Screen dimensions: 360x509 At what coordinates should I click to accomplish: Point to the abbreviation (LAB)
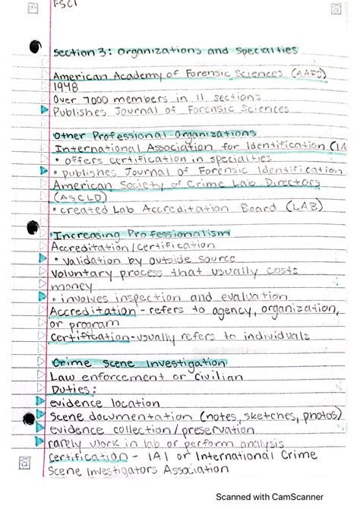click(x=301, y=206)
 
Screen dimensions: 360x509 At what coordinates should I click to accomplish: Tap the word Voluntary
click(x=81, y=271)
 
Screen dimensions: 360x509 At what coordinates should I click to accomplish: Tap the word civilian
click(x=210, y=376)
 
